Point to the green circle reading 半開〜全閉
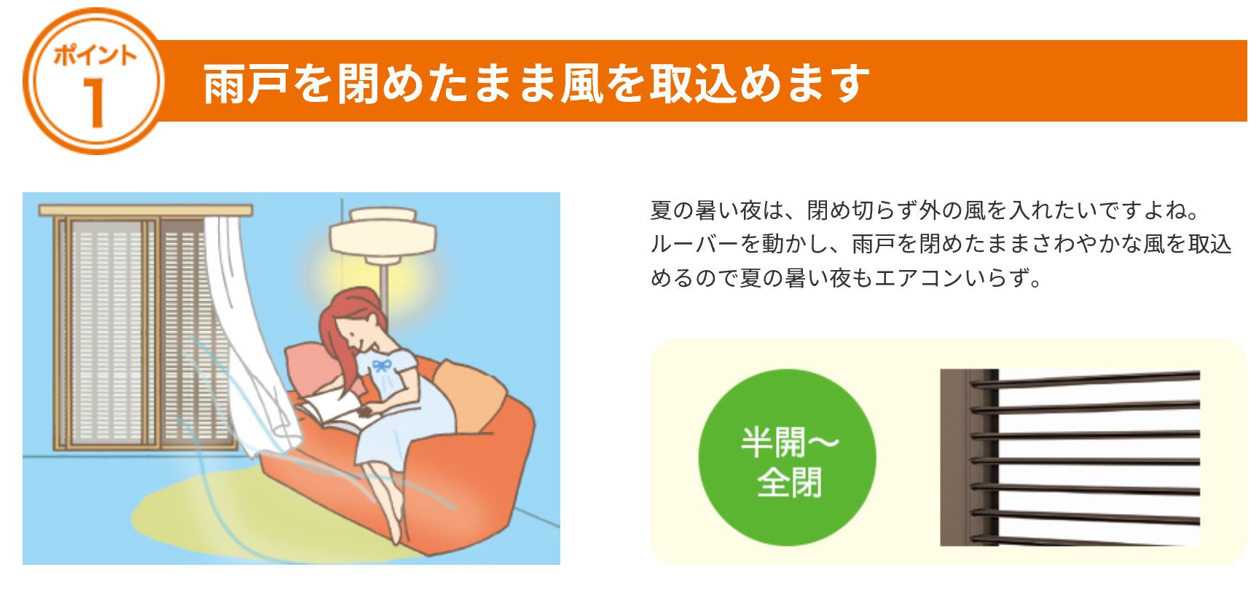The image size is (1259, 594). click(x=787, y=458)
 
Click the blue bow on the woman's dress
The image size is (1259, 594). click(x=380, y=363)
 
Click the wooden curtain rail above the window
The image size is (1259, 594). click(x=146, y=210)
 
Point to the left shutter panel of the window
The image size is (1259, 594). click(x=106, y=331)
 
